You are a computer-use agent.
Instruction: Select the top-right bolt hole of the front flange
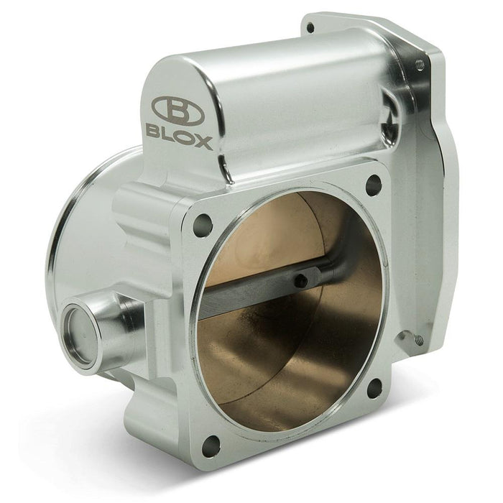(373, 185)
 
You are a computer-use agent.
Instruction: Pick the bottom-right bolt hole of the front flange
(374, 388)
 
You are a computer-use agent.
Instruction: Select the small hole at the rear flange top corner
(310, 28)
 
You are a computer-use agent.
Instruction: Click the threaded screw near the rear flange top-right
(419, 65)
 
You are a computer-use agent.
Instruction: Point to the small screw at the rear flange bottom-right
(420, 338)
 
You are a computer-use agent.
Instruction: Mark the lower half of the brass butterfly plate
(287, 359)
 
